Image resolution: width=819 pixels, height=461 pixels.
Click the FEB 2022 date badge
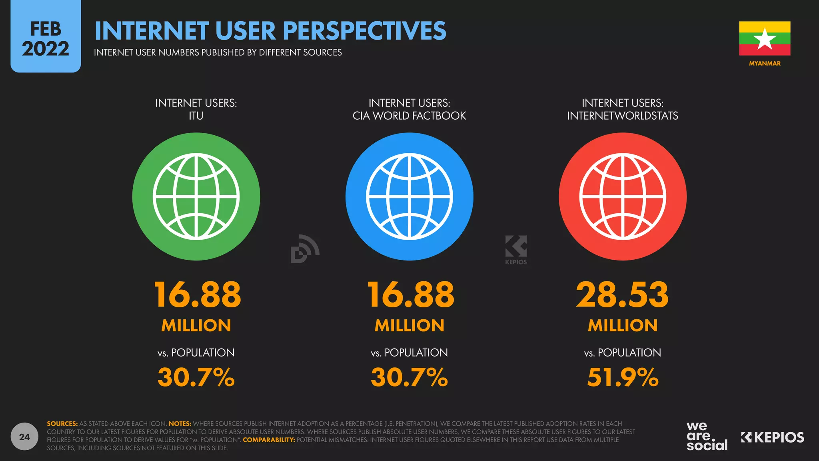[x=46, y=38]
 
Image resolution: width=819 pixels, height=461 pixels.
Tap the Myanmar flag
[x=764, y=38]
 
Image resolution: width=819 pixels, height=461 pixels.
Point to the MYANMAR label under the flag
[x=764, y=63]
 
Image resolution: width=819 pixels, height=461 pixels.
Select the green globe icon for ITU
[x=196, y=196]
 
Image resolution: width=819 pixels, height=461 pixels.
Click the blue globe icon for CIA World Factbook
[x=409, y=196]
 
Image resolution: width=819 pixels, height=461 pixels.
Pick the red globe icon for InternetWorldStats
[x=622, y=196]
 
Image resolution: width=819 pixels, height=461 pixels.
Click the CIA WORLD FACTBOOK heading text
[x=409, y=116]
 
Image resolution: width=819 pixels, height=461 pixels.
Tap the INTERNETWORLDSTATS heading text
[x=622, y=116]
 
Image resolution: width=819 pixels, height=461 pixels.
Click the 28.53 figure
[x=622, y=295]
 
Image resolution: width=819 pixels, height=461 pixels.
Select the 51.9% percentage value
[x=622, y=377]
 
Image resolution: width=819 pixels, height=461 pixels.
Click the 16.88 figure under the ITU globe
[x=197, y=295]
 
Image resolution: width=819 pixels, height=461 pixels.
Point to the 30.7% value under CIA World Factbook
[x=409, y=377]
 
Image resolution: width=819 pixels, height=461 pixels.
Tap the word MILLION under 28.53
[x=622, y=325]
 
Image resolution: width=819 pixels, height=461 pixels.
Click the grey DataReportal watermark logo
[x=304, y=249]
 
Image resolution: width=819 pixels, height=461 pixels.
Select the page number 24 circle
[x=24, y=437]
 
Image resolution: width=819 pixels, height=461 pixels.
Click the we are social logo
[x=707, y=436]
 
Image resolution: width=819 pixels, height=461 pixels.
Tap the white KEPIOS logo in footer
[x=772, y=437]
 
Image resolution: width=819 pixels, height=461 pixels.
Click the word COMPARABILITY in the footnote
[x=269, y=440]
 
